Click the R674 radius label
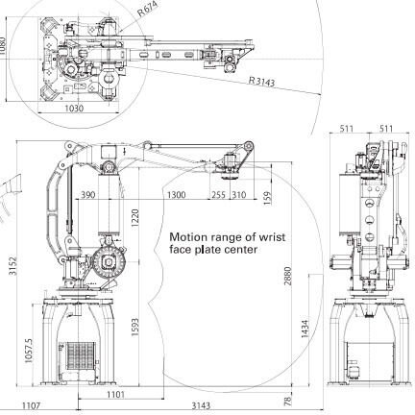[x=148, y=9]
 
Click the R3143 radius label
[x=262, y=82]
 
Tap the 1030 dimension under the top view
[x=74, y=109]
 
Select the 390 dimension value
[x=87, y=194]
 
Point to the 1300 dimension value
[x=176, y=195]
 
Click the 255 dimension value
[x=219, y=195]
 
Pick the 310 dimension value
[x=239, y=195]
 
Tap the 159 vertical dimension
[x=267, y=198]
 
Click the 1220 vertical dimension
[x=134, y=218]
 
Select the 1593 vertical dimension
[x=134, y=327]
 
